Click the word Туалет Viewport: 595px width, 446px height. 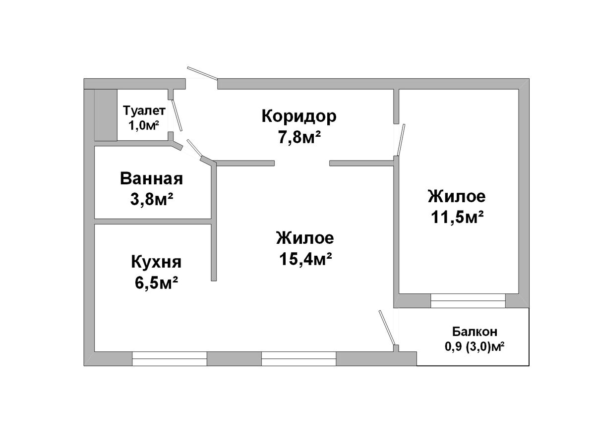[x=144, y=111]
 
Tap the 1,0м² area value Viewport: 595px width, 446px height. [x=143, y=125]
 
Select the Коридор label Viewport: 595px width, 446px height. [x=298, y=117]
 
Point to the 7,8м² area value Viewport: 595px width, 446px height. [x=298, y=137]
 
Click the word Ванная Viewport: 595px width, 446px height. [x=151, y=179]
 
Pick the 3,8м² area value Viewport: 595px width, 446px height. [x=151, y=199]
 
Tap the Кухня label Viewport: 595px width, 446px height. [x=156, y=262]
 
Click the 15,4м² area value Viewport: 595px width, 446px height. [x=305, y=259]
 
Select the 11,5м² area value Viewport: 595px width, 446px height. [x=457, y=217]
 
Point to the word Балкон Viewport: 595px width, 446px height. [x=475, y=331]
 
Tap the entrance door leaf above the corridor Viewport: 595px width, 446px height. [x=202, y=73]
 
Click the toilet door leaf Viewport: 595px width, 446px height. [x=177, y=115]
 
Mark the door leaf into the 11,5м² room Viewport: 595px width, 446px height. [x=401, y=140]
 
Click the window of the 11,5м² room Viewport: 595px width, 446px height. [x=468, y=301]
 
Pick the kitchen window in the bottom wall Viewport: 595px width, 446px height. [x=170, y=359]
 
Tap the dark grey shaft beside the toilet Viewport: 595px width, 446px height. [x=106, y=115]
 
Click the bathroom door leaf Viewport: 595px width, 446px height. [x=194, y=150]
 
